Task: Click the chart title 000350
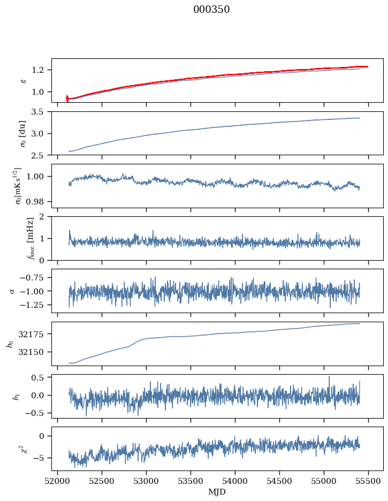click(x=211, y=10)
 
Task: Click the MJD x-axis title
click(x=217, y=491)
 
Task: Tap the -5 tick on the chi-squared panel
click(x=40, y=458)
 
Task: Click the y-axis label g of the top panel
click(x=22, y=80)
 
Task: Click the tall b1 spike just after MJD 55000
click(x=329, y=377)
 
